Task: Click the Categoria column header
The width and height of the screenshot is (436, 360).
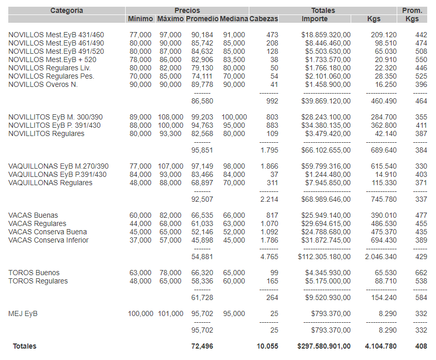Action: (67, 10)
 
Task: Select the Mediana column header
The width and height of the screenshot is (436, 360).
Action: (234, 19)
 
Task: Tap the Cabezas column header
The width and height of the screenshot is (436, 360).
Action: (264, 19)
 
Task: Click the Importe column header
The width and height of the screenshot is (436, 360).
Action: (314, 19)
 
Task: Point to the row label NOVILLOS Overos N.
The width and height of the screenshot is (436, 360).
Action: (43, 85)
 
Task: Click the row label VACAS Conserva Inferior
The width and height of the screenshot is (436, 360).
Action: (49, 240)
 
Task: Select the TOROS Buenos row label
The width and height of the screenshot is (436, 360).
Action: (34, 273)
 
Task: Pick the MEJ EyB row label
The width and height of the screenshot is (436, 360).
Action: (23, 313)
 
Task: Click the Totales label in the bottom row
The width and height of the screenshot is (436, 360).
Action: (25, 346)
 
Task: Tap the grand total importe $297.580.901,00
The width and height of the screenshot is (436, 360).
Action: (324, 346)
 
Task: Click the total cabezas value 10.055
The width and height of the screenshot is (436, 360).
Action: (267, 346)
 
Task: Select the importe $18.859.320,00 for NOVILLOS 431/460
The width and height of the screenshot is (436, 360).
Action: (326, 35)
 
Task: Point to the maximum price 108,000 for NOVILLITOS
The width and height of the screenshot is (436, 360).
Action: (171, 117)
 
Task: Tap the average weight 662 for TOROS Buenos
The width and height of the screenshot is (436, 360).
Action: (421, 273)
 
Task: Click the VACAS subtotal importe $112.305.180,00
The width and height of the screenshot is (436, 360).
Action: (324, 257)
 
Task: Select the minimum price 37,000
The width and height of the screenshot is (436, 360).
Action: (141, 240)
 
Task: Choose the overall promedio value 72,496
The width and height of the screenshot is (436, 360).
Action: (202, 346)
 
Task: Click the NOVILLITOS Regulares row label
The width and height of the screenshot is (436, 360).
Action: (47, 134)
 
